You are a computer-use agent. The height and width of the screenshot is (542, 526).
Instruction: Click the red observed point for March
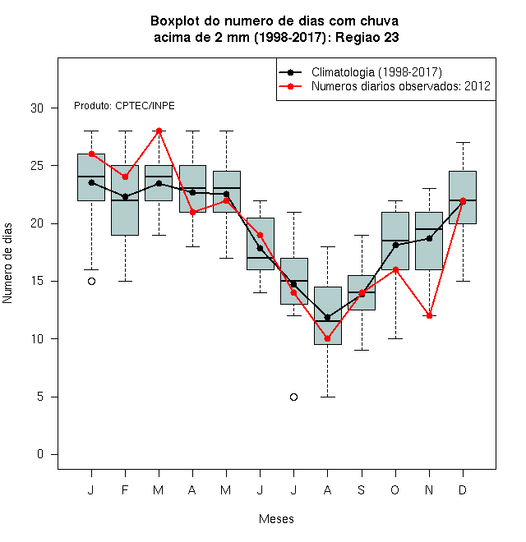(159, 131)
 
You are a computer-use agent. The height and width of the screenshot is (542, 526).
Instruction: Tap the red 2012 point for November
(429, 315)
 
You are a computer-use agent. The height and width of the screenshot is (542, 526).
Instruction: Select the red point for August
(327, 338)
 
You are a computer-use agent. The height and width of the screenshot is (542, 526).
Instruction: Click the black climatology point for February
(125, 197)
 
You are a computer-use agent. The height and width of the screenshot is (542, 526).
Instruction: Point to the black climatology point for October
(395, 245)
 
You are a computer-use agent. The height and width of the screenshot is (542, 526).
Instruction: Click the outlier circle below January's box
(91, 282)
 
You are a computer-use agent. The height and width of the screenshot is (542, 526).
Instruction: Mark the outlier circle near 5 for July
(293, 397)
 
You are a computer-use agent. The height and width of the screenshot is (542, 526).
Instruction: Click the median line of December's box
(463, 200)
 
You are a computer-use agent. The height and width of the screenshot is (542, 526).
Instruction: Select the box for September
(362, 292)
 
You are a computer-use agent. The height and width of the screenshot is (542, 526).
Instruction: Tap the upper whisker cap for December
(463, 142)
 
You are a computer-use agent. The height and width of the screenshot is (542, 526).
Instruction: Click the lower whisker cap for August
(327, 397)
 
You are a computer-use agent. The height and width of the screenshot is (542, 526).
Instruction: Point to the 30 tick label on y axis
(37, 108)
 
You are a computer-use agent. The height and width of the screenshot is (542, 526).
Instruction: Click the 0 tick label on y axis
(40, 454)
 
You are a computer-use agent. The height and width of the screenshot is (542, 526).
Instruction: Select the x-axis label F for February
(125, 489)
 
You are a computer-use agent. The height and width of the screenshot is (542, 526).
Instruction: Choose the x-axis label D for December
(463, 489)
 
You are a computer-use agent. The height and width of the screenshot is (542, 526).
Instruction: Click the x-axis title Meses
(276, 519)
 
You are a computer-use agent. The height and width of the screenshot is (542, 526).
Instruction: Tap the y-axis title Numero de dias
(7, 264)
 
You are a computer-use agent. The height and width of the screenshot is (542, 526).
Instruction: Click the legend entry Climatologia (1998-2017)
(360, 72)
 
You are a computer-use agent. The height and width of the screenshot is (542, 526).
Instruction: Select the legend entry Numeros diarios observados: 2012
(385, 86)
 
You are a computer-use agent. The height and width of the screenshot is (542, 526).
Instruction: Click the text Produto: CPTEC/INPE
(124, 106)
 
